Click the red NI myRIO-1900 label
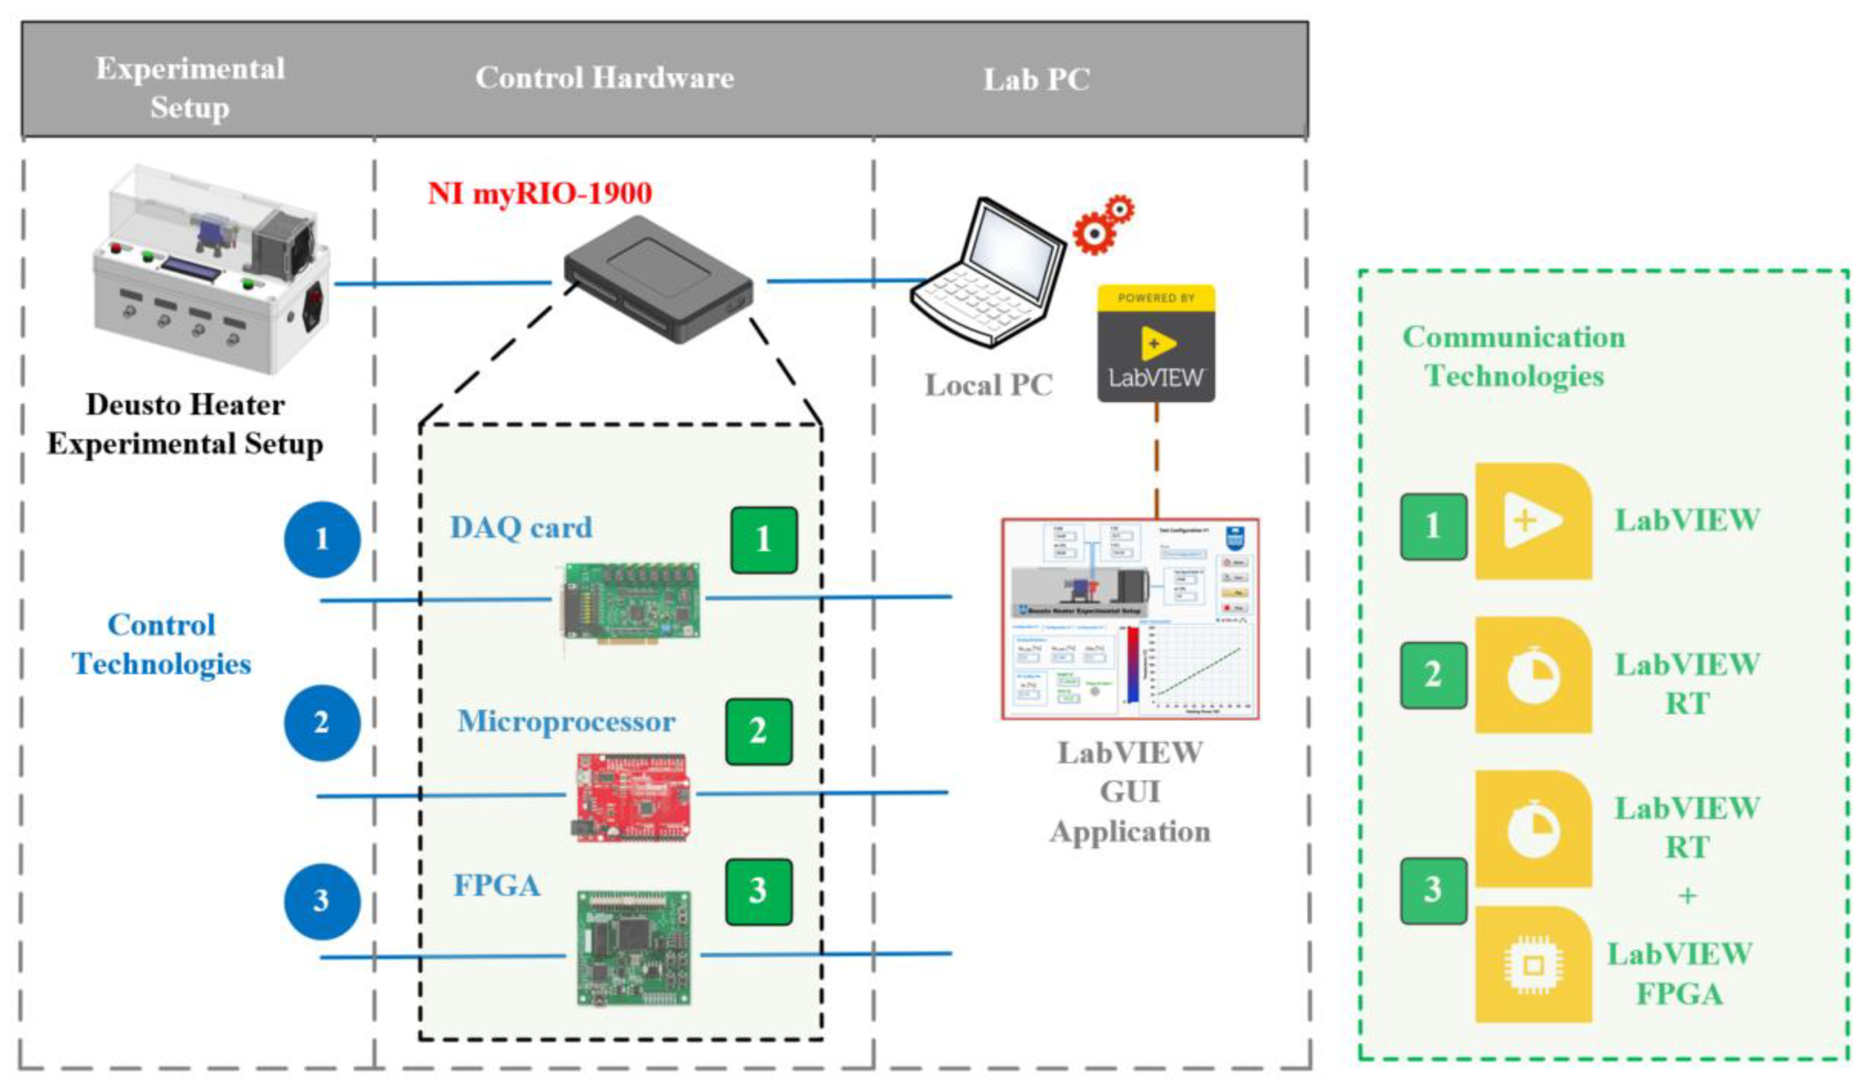click(540, 194)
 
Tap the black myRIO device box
click(658, 279)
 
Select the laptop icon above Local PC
click(987, 272)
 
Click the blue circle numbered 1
click(322, 539)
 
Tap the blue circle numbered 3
click(322, 901)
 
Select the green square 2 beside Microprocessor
click(758, 731)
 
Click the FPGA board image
click(634, 948)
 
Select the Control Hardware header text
click(604, 78)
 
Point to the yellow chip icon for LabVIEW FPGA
click(1533, 965)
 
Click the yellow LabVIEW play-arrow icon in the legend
click(1533, 521)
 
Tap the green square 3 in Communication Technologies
click(1433, 890)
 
